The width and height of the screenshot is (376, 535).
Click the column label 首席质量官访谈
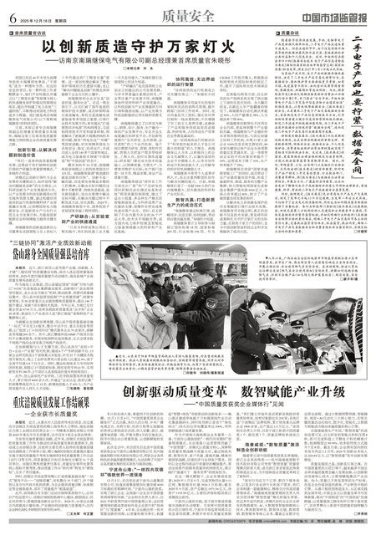tap(33, 33)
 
